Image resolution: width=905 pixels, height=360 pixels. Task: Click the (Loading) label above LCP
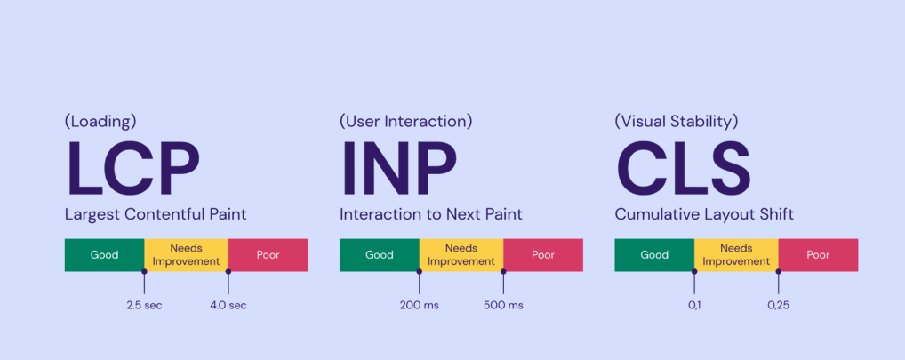click(100, 122)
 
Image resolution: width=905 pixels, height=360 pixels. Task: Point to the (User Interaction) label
click(405, 122)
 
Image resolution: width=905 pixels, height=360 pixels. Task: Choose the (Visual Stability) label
click(677, 122)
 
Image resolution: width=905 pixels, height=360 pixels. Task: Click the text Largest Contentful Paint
click(156, 215)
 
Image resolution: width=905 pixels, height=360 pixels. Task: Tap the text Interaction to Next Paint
click(431, 215)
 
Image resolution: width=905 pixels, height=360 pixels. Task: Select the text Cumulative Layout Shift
click(704, 215)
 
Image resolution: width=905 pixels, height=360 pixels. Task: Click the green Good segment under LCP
click(105, 255)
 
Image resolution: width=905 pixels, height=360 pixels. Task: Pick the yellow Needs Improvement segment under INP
click(461, 255)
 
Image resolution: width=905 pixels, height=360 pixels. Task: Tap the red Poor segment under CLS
click(818, 255)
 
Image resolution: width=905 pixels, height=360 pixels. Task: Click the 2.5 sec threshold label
click(144, 305)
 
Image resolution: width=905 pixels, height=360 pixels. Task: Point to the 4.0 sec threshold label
click(228, 305)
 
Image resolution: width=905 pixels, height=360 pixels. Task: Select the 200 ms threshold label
click(419, 305)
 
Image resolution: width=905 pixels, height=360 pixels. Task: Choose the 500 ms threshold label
click(503, 305)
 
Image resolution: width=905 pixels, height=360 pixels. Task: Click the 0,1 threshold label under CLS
click(693, 305)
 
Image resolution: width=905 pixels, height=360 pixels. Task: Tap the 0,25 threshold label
click(778, 305)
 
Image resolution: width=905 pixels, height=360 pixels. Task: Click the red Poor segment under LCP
click(268, 255)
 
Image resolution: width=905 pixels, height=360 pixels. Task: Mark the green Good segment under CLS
click(654, 255)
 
